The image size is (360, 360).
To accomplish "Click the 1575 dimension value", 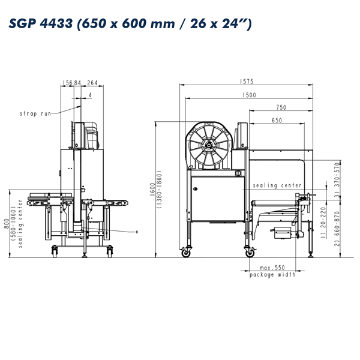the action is (x=247, y=82).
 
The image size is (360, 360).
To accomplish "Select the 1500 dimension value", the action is (x=249, y=95).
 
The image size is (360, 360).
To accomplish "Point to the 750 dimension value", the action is (x=281, y=107).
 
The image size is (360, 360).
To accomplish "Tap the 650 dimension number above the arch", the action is (x=277, y=120).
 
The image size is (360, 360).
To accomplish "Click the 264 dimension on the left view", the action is (x=92, y=83).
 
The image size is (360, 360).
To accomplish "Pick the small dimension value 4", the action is (x=90, y=95).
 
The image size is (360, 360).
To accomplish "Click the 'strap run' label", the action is (x=35, y=113).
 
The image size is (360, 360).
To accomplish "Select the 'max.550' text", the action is (x=272, y=268).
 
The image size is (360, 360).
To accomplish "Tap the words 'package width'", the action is (x=272, y=275).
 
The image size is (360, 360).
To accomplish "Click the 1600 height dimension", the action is (x=152, y=189).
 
